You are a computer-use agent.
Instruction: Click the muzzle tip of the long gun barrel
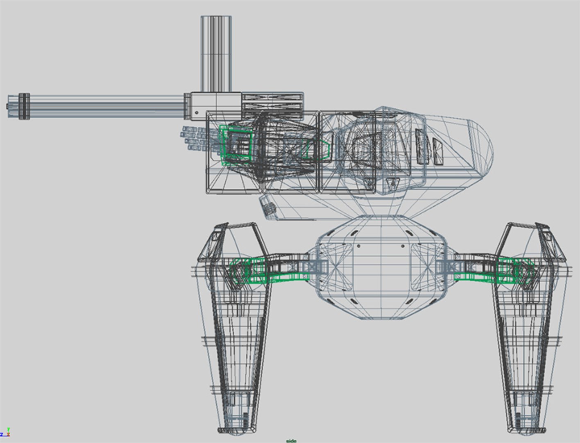point(9,106)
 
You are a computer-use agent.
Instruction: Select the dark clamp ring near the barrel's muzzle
point(24,106)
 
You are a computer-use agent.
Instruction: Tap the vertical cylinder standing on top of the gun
point(216,53)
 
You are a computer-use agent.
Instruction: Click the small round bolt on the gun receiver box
point(197,112)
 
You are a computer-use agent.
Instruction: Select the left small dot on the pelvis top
point(359,246)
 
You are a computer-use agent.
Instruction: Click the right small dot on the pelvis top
point(403,246)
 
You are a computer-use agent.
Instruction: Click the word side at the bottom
point(291,441)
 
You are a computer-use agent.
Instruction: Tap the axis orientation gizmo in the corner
point(5,433)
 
